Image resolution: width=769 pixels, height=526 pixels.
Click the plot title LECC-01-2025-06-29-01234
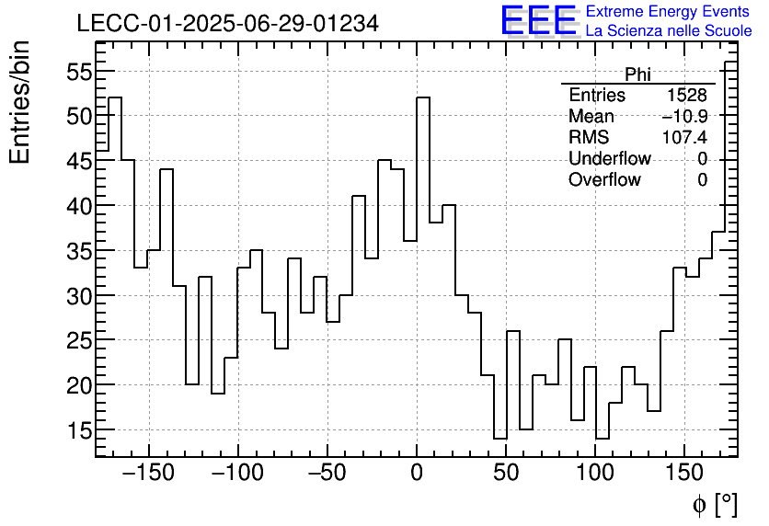tap(227, 24)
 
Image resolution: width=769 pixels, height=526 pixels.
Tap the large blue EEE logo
tap(538, 20)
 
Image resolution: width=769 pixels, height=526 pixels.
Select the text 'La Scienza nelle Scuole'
tap(669, 30)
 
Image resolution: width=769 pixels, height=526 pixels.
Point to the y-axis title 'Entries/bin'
tap(20, 102)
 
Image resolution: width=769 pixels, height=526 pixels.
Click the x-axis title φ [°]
tap(714, 504)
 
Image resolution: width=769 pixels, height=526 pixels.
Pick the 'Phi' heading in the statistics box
tap(637, 74)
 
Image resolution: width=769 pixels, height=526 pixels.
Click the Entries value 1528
tap(687, 96)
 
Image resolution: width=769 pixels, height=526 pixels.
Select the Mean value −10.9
tap(684, 117)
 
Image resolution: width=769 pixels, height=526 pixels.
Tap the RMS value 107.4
tap(684, 138)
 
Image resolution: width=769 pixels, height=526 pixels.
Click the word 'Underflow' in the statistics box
tap(609, 159)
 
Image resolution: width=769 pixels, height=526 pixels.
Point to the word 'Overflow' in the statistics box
tap(604, 180)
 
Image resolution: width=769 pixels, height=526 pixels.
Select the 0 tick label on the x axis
tap(417, 474)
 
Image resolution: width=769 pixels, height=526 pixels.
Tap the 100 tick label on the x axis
tap(595, 474)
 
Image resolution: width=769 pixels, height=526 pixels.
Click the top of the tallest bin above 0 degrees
tap(423, 97)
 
